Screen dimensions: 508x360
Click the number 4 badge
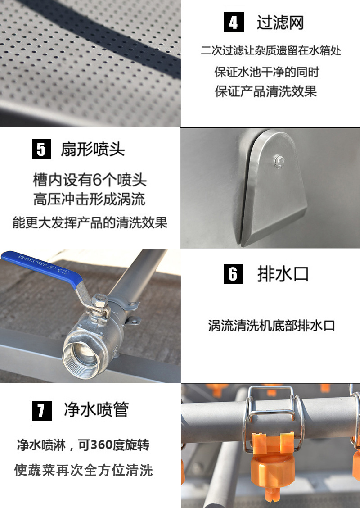234,23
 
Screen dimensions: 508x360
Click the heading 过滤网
280,23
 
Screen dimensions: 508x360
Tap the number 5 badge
41,149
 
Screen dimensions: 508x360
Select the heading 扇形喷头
93,149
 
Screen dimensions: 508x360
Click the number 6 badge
233,274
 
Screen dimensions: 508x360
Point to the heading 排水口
283,274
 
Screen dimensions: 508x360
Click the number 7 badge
41,410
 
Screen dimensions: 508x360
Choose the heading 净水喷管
96,410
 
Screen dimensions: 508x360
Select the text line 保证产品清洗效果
266,91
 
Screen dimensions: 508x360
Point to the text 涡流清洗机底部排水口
271,326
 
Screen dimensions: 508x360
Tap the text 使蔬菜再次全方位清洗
84,471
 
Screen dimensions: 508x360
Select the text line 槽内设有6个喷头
90,180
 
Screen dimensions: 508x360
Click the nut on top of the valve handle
100,300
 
